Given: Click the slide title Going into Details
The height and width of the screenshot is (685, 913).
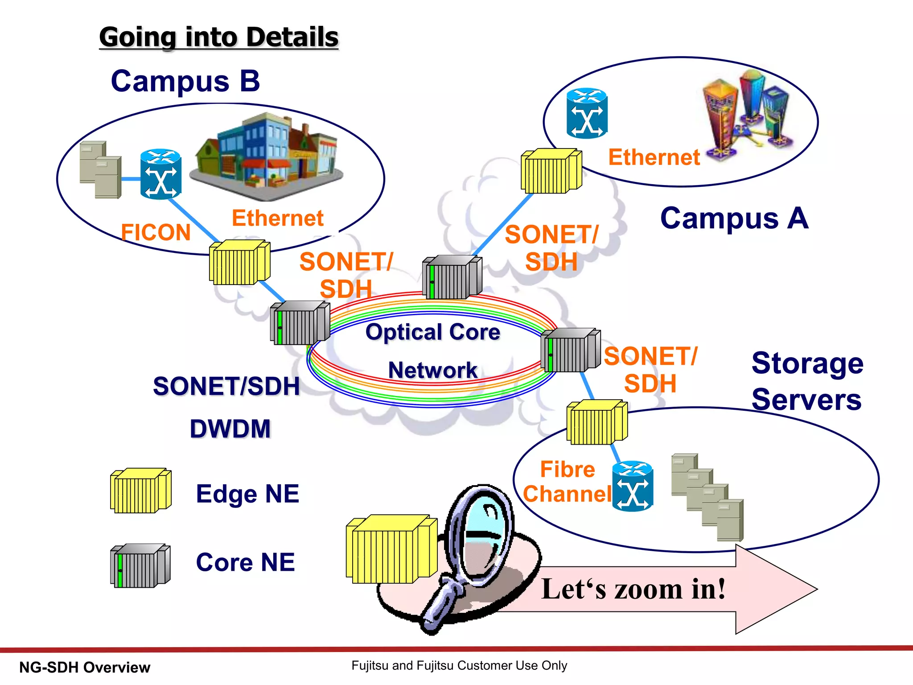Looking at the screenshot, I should tap(218, 37).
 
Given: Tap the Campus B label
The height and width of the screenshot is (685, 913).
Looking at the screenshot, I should tap(185, 81).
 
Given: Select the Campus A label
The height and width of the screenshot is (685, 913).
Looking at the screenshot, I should tap(734, 219).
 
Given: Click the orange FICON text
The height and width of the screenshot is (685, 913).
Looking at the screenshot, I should tap(156, 232).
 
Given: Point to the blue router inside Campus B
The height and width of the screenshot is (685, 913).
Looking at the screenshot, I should tap(160, 174).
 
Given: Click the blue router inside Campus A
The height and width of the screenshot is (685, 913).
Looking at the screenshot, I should tap(587, 113).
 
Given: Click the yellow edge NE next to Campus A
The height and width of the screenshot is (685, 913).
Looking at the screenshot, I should tap(551, 171).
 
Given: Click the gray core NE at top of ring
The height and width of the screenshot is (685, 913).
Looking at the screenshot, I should tap(452, 277).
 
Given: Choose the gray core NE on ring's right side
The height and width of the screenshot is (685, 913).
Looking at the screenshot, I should tap(570, 351).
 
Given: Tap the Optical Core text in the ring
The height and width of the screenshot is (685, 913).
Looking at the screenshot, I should tap(432, 332).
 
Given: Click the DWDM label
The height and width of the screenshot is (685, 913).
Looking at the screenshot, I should tap(230, 429).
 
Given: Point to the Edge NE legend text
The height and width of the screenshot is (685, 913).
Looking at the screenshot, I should tap(247, 494).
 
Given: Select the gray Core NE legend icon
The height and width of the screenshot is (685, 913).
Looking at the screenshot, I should tap(140, 566).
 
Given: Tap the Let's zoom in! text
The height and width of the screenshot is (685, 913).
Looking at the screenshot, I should tap(633, 589).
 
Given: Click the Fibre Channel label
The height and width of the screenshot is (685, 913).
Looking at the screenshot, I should tap(567, 482).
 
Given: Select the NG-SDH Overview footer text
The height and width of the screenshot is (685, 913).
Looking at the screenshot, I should tap(85, 668).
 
